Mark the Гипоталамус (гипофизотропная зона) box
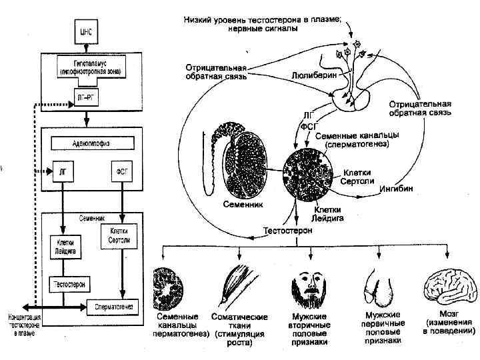point(87,66)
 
